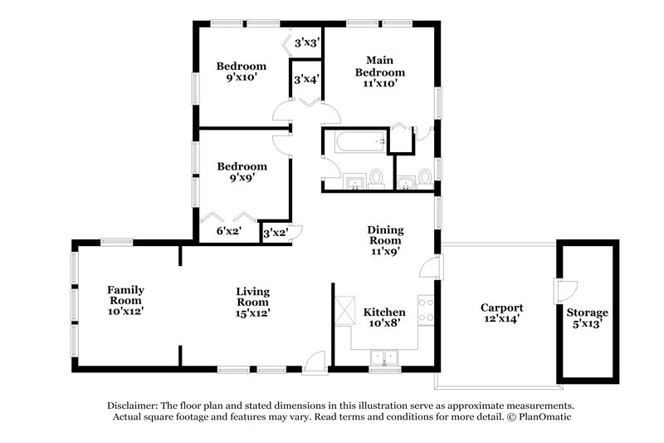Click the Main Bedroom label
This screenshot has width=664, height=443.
(x=380, y=71)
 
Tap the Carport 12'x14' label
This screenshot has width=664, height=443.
(x=501, y=313)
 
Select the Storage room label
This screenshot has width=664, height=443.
(x=588, y=317)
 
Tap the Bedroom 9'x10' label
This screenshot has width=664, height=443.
(x=242, y=72)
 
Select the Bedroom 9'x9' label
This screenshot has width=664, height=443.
(x=242, y=172)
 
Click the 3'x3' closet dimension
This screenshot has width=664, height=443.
(x=305, y=42)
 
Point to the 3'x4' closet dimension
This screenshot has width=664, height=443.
(x=305, y=80)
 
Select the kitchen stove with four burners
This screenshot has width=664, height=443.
(x=426, y=310)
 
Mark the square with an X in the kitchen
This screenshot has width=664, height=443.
(x=344, y=309)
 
